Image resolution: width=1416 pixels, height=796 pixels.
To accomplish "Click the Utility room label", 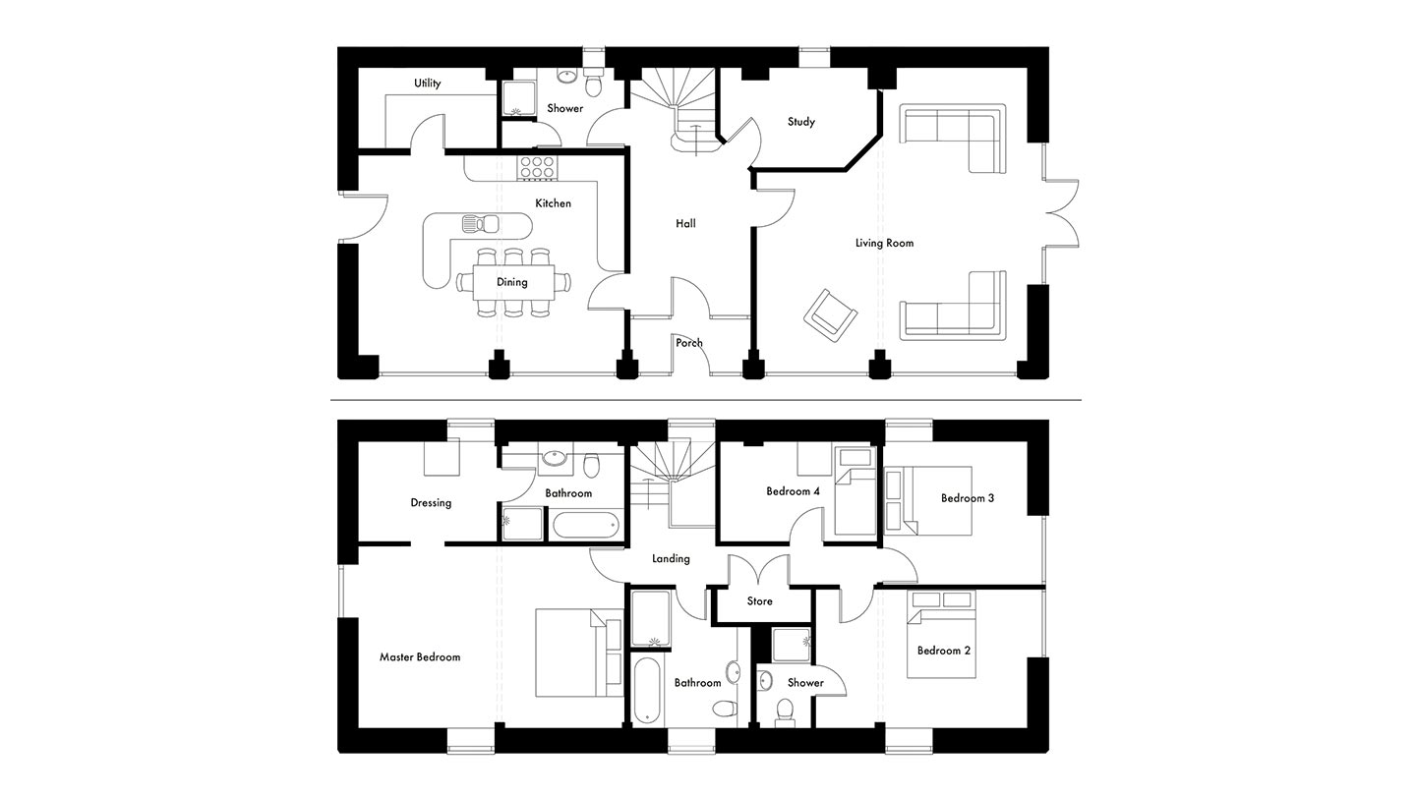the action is [x=428, y=83].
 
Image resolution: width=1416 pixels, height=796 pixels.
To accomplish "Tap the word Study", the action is [x=800, y=121].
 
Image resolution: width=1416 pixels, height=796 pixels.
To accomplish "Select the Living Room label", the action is [x=884, y=243].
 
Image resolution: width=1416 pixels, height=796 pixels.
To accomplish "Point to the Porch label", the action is [x=689, y=342].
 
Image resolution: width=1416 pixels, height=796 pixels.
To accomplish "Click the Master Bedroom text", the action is [x=420, y=657].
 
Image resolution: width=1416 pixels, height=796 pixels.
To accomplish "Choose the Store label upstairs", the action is [x=759, y=600].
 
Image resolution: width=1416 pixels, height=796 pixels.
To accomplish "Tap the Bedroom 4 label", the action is [x=793, y=491].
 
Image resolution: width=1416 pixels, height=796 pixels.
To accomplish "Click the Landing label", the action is [x=671, y=558].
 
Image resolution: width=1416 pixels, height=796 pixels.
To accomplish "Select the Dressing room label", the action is [x=431, y=503].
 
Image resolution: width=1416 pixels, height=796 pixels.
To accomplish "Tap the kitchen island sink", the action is [x=481, y=223].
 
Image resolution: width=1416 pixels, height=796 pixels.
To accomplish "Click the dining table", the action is [x=513, y=282].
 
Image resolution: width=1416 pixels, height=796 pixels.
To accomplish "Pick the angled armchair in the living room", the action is [x=830, y=315].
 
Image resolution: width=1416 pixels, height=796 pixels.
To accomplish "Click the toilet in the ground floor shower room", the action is [x=594, y=82].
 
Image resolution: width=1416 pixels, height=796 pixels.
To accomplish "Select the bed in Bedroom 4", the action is [x=855, y=491].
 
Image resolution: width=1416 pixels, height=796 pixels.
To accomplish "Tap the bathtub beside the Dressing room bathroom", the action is [x=586, y=525].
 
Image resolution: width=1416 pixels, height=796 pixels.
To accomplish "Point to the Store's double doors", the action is [x=759, y=570].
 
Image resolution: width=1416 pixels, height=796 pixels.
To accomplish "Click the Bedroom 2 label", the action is [x=944, y=651].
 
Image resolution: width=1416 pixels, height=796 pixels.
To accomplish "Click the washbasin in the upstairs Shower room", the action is [x=765, y=681].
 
